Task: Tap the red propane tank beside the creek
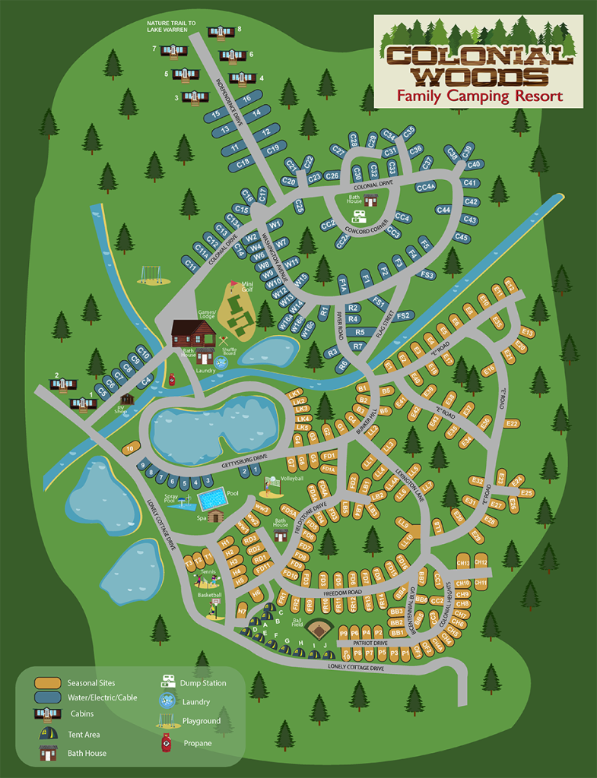point(173,378)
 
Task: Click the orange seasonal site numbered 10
point(131,449)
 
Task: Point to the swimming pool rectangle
point(212,500)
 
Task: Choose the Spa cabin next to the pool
point(215,516)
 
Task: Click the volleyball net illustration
point(269,484)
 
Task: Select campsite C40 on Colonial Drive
point(474,164)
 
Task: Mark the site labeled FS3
point(427,275)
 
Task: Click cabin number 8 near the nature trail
point(221,32)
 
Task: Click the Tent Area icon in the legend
point(47,735)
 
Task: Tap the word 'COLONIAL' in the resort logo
point(478,55)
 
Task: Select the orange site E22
point(511,423)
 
